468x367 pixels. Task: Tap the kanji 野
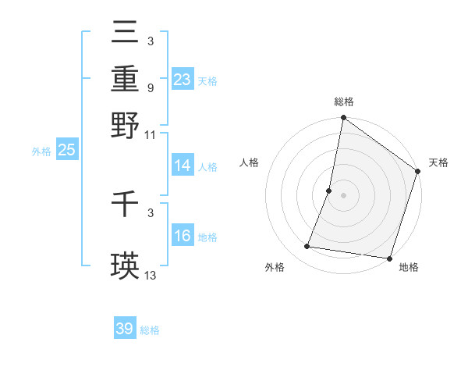[125, 125]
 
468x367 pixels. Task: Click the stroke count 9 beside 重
[150, 87]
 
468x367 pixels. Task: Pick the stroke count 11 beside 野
[151, 134]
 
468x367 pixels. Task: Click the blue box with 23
[183, 80]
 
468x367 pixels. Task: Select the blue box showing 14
[183, 166]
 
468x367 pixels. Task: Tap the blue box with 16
[183, 236]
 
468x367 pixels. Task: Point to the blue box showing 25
[66, 150]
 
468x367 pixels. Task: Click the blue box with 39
[125, 329]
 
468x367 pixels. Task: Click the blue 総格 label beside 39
[150, 330]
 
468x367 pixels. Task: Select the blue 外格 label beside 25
[41, 151]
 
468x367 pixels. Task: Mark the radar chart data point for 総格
[343, 119]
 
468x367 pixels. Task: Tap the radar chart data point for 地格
[389, 258]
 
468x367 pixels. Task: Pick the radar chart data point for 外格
[307, 247]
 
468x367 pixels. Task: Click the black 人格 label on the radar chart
[250, 163]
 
